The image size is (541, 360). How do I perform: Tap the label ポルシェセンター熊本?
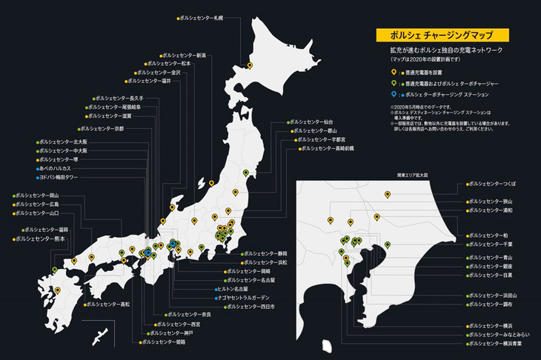pyautogui.click(x=39, y=239)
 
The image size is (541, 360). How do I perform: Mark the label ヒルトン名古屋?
pyautogui.click(x=241, y=290)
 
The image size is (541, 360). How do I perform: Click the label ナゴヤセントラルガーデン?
pyautogui.click(x=249, y=298)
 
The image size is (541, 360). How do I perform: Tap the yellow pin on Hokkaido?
pyautogui.click(x=250, y=65)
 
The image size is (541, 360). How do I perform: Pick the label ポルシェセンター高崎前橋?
pyautogui.click(x=328, y=148)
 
